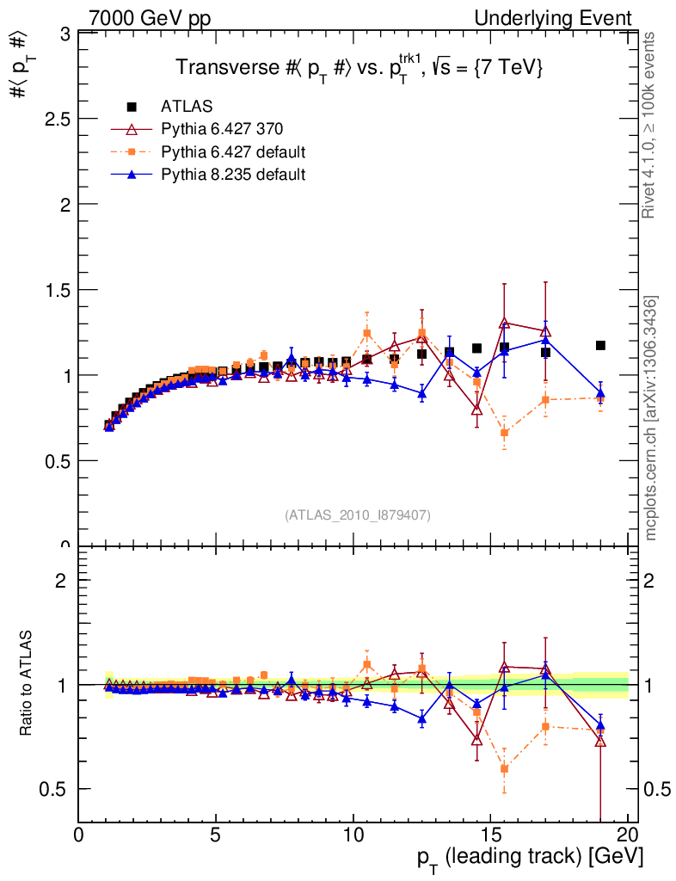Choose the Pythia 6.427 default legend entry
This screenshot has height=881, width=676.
233,152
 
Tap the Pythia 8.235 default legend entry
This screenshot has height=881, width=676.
233,175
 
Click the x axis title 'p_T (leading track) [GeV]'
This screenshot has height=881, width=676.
530,859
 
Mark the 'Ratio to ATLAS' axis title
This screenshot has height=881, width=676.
27,685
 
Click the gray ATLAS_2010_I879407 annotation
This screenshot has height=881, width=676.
358,515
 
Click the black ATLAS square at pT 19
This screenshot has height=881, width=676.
600,345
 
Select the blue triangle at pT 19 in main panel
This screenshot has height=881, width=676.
600,393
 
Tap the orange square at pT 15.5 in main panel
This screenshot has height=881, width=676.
504,433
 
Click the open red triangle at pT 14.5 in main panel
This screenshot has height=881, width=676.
476,410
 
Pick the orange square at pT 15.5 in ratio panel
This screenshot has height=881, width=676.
504,768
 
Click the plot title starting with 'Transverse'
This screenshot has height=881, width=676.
359,69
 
